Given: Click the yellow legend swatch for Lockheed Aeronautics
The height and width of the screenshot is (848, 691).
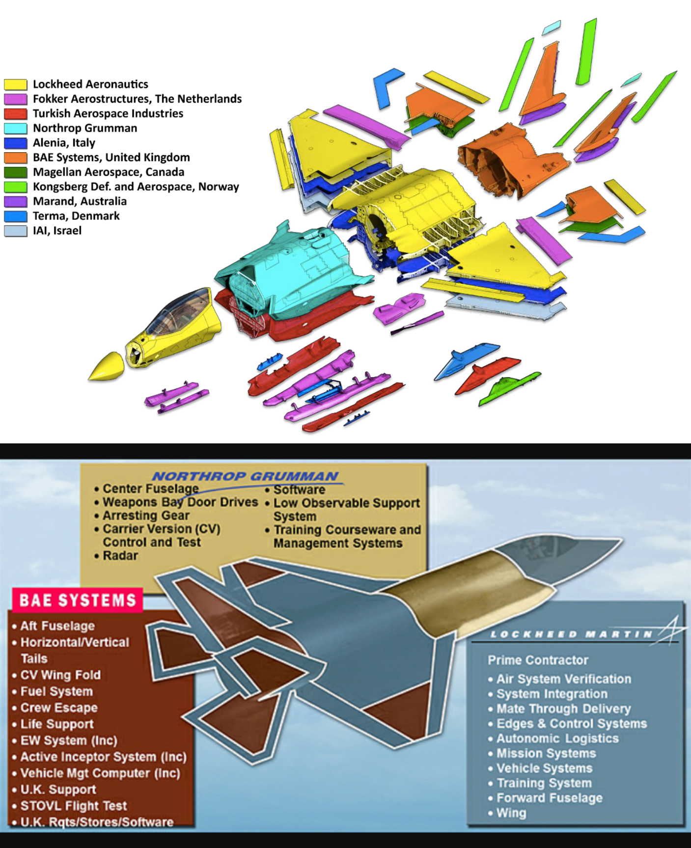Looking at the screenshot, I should click(15, 84).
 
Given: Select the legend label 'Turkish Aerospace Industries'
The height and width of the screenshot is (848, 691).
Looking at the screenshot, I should click(108, 113).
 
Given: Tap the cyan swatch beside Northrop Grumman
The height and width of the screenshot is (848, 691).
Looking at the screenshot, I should click(15, 129).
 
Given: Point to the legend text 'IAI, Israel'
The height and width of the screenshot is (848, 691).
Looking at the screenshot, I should click(57, 231).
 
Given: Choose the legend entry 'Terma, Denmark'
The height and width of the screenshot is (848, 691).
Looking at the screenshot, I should click(76, 216).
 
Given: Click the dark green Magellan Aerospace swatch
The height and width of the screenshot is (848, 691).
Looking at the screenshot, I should click(15, 172).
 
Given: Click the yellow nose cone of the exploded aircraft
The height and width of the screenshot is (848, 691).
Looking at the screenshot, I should click(106, 367).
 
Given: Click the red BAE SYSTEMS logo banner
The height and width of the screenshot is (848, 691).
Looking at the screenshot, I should click(78, 601).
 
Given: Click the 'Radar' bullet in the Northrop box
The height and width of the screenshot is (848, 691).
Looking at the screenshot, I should click(120, 556).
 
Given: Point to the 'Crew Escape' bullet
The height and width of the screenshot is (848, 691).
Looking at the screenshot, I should click(58, 708).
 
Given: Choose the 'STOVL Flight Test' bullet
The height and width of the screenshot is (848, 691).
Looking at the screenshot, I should click(73, 806).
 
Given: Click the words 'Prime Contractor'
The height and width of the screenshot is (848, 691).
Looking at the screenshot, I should click(538, 660).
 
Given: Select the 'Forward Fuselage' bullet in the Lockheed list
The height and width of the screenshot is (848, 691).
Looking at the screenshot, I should click(549, 798).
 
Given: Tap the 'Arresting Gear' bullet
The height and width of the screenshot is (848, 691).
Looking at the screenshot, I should click(145, 516).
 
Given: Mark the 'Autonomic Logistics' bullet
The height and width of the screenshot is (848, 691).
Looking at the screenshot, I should click(557, 739).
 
